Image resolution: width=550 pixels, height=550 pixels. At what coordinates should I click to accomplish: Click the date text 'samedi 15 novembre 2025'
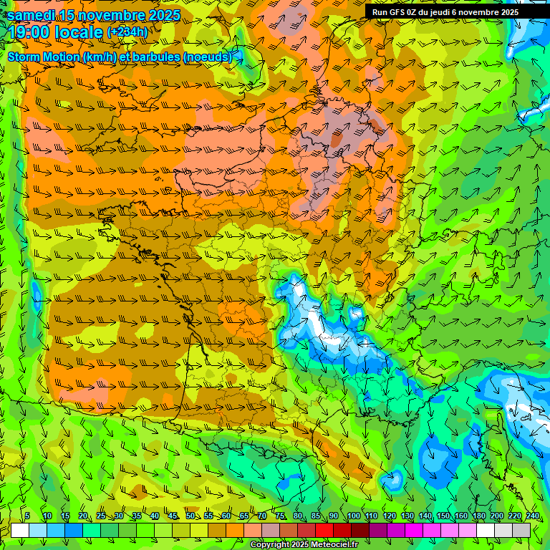(94, 15)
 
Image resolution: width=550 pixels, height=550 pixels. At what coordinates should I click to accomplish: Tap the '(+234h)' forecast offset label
(127, 32)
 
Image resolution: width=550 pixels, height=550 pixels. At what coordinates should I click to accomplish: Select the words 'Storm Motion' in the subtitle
(44, 57)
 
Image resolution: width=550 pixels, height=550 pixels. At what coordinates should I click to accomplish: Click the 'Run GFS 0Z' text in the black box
(395, 12)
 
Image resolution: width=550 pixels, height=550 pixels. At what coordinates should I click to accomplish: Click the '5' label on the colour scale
(27, 516)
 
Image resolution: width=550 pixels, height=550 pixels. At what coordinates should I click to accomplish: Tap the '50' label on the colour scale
(190, 516)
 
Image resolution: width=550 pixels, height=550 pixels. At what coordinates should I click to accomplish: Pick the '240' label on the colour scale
(533, 516)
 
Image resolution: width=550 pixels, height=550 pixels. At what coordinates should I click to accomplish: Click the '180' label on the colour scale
(478, 516)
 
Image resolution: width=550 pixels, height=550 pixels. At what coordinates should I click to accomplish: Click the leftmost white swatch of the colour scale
(20, 530)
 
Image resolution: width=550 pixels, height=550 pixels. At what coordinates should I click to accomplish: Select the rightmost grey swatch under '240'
(521, 530)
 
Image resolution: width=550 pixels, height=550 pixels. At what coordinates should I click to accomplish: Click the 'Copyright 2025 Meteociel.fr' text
(303, 544)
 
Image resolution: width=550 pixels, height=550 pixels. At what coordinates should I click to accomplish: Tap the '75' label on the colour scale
(280, 516)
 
